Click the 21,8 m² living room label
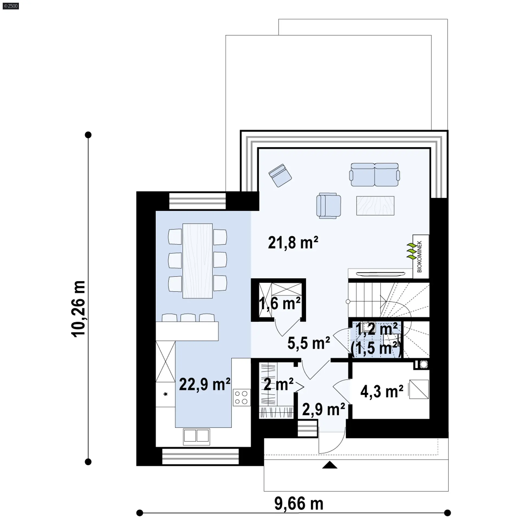pyautogui.click(x=293, y=242)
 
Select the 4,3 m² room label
pyautogui.click(x=382, y=391)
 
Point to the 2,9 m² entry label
pyautogui.click(x=323, y=409)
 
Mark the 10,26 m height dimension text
pyautogui.click(x=79, y=309)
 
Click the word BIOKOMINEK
pyautogui.click(x=420, y=256)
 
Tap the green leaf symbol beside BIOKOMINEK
pyautogui.click(x=412, y=252)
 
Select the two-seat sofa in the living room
pyautogui.click(x=375, y=175)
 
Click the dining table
pyautogui.click(x=197, y=261)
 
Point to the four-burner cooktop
pyautogui.click(x=241, y=397)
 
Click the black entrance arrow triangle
pyautogui.click(x=330, y=465)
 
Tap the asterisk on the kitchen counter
pyautogui.click(x=165, y=394)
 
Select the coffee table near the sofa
pyautogui.click(x=375, y=206)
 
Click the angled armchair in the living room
pyautogui.click(x=280, y=175)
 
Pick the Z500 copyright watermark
pyautogui.click(x=11, y=6)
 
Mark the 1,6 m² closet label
pyautogui.click(x=280, y=304)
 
